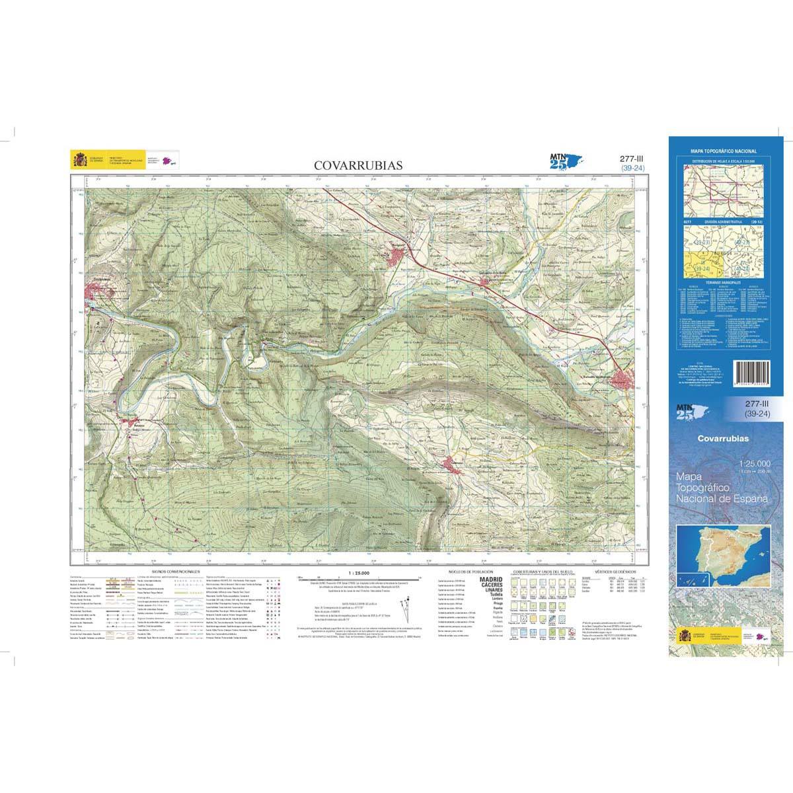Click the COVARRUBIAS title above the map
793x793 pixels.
click(x=357, y=165)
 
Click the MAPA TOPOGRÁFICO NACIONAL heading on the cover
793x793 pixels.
click(x=723, y=151)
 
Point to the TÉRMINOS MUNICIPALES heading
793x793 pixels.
click(x=723, y=282)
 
